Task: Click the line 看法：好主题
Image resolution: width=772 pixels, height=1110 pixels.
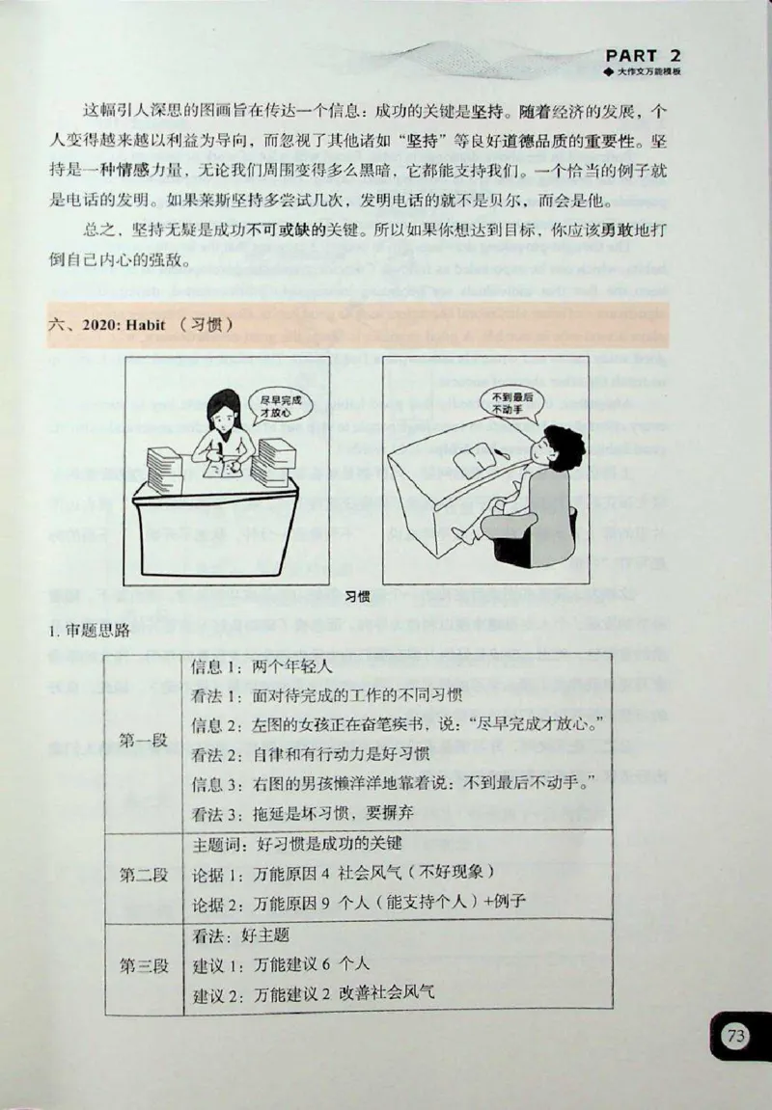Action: click(241, 934)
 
